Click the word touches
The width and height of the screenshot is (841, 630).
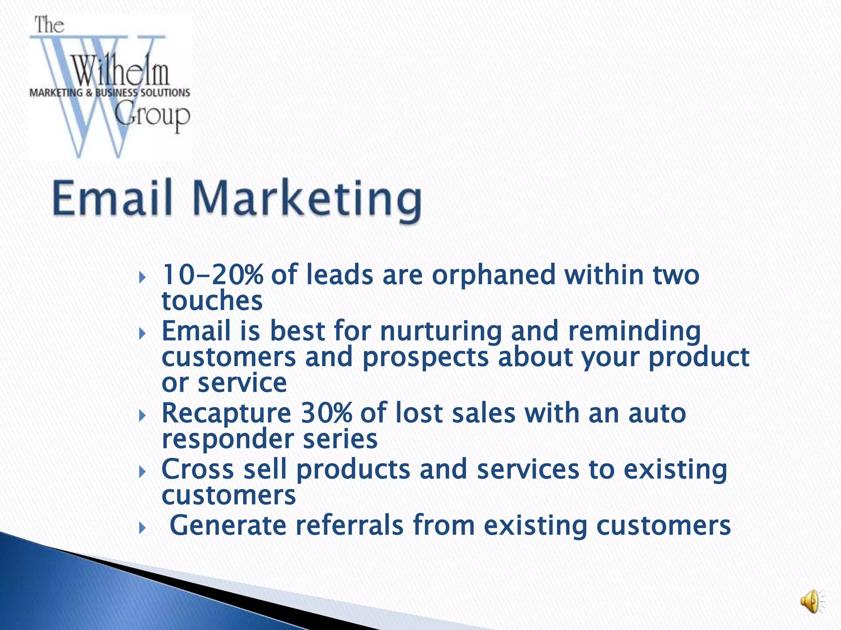(212, 301)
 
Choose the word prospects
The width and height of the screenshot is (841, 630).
(425, 357)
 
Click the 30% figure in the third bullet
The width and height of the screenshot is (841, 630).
(326, 413)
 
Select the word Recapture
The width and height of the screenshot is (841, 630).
(226, 413)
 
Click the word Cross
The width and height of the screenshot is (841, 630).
(198, 469)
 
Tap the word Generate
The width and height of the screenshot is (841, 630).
(227, 525)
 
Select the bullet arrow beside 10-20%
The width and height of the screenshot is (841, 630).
(142, 278)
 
